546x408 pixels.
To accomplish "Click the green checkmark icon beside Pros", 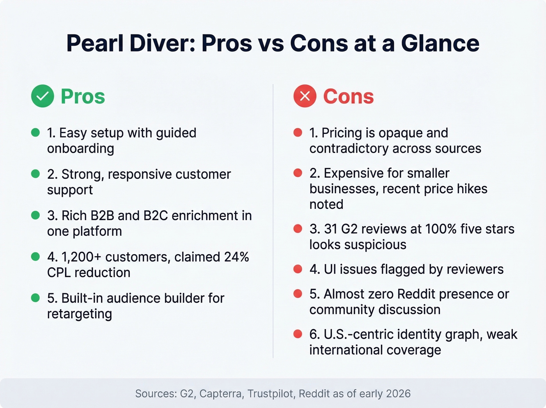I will click(43, 96).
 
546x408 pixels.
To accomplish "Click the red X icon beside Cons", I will click(305, 96).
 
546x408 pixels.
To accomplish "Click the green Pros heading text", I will click(83, 96).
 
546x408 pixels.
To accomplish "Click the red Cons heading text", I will click(348, 96).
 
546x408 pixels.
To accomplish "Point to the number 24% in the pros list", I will click(236, 257).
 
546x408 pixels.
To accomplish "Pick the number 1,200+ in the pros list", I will click(81, 257).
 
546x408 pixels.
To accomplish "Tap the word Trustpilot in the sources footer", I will click(270, 394).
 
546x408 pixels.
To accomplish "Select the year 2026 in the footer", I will click(398, 394).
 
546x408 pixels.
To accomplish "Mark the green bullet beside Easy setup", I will click(35, 133).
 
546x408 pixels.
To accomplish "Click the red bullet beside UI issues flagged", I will click(298, 269).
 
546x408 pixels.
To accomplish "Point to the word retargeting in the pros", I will click(80, 314).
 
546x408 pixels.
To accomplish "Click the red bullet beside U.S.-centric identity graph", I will click(298, 334).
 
